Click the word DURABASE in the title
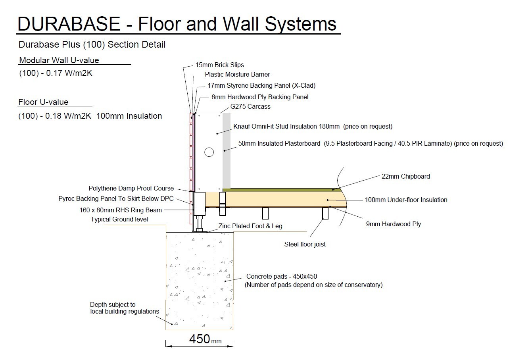pos(69,24)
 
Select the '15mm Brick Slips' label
pos(219,65)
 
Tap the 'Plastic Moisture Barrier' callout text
pos(238,74)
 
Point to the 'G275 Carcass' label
pos(250,106)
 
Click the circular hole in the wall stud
pos(209,152)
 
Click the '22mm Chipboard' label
pos(405,176)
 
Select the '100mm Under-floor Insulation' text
pos(406,200)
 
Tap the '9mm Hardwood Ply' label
pos(393,224)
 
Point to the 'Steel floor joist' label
pos(305,244)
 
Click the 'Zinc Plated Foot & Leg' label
pos(250,226)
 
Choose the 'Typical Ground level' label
pos(119,219)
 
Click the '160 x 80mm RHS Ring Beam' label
pos(121,210)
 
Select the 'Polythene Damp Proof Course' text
pos(131,188)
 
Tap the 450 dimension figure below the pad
pos(200,339)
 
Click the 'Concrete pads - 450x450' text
pos(282,276)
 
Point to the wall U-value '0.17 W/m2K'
pos(69,73)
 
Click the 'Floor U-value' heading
pos(43,102)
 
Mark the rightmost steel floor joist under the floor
pos(325,213)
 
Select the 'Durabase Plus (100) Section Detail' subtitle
pos(92,44)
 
